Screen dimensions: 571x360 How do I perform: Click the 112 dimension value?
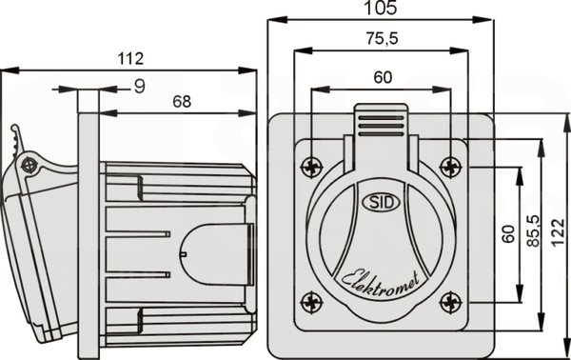point(130,59)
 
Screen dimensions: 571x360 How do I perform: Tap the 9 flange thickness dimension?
point(140,87)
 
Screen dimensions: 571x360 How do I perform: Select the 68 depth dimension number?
point(182,102)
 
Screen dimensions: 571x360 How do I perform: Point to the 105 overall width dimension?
point(381,8)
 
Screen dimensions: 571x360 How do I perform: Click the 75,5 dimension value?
point(382,39)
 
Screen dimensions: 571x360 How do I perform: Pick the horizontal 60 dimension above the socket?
point(383,77)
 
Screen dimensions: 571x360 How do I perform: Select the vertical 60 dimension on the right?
point(508,234)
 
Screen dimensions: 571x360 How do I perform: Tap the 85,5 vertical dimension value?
point(534,231)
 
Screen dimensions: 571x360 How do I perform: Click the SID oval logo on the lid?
point(382,202)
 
